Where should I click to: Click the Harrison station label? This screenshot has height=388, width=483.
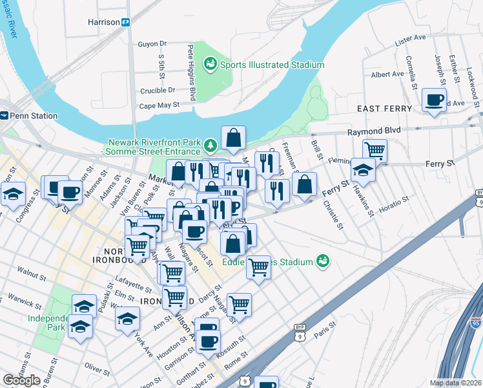click(104, 22)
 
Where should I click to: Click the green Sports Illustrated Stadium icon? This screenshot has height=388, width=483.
click(209, 63)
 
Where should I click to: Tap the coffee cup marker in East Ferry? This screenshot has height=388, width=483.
click(433, 100)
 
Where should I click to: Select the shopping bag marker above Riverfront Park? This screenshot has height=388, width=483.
click(233, 137)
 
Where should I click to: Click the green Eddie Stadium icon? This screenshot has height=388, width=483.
click(323, 262)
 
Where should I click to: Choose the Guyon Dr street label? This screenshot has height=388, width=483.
click(152, 44)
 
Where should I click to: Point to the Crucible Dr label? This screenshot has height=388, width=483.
click(158, 91)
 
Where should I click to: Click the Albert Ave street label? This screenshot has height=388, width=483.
click(387, 74)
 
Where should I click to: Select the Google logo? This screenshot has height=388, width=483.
click(21, 380)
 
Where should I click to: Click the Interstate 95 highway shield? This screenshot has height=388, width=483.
click(476, 321)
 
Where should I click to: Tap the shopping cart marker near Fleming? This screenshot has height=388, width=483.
click(375, 151)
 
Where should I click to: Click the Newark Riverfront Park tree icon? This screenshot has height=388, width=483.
click(209, 143)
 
